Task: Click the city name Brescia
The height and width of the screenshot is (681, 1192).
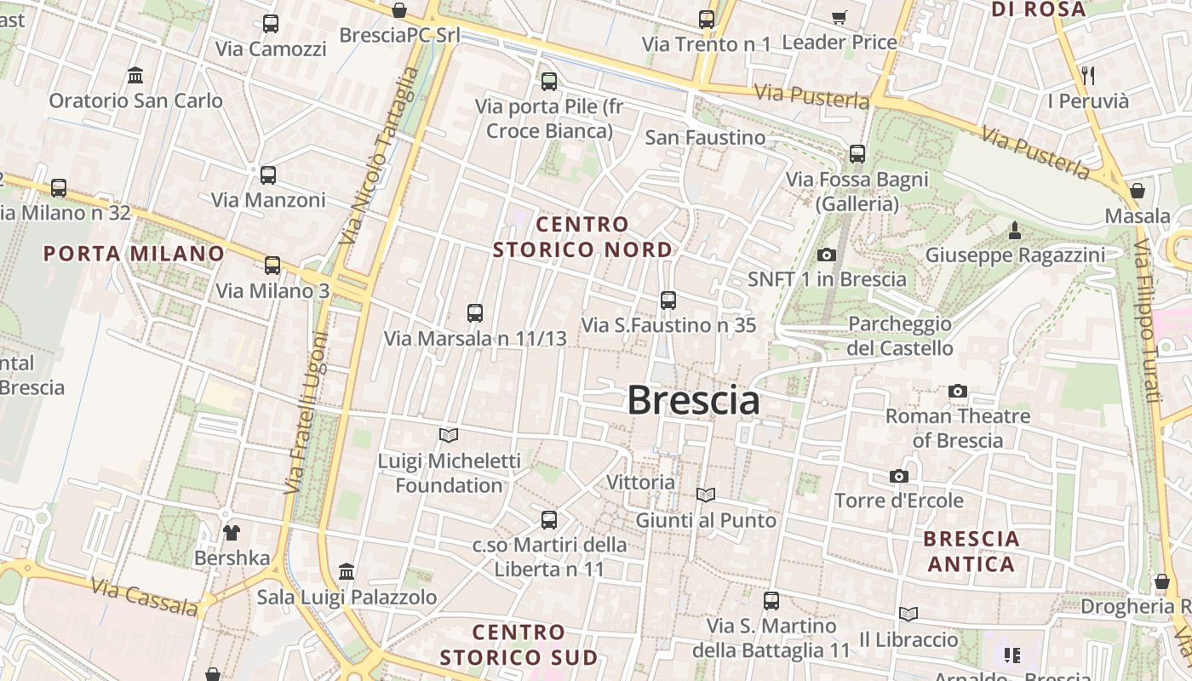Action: click(693, 400)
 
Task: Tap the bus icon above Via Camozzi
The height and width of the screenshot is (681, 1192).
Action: click(271, 24)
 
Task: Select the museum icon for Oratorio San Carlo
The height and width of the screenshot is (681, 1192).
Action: click(135, 76)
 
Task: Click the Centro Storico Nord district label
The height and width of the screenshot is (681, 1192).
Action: click(582, 237)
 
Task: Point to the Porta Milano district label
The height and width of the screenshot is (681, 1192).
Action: click(134, 254)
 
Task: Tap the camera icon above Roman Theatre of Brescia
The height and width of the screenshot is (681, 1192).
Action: click(958, 392)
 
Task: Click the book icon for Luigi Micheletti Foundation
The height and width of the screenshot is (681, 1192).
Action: click(449, 436)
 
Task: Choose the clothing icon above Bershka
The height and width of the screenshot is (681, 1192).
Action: click(232, 533)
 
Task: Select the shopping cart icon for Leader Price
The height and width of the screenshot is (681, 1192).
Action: click(839, 17)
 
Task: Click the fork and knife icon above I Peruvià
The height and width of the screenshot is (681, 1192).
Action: click(1088, 76)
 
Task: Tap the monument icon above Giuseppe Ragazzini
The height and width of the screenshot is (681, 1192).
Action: click(1015, 230)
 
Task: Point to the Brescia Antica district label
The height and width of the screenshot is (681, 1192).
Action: click(971, 551)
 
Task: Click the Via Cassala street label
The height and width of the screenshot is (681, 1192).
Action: click(144, 598)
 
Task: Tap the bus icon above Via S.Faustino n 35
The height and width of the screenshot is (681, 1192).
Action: click(668, 300)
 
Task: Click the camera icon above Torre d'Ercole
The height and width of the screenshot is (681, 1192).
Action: click(899, 476)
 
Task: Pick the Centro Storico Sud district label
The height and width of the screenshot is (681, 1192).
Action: click(519, 644)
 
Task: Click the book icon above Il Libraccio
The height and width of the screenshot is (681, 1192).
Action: click(908, 614)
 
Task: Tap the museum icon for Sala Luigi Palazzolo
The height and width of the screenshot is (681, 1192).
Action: click(347, 571)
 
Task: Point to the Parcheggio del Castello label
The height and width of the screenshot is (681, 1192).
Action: click(900, 336)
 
